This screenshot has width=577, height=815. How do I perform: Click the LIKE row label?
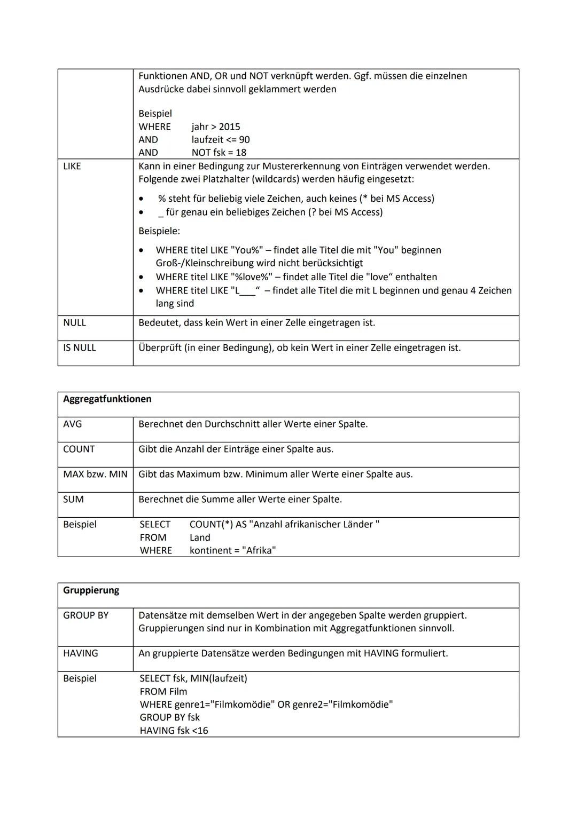[72, 167]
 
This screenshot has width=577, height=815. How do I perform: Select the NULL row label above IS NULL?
[74, 323]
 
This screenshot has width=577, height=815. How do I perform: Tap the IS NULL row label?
[80, 348]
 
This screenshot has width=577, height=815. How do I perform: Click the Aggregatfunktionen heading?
[107, 399]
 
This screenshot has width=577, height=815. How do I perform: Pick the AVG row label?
[73, 424]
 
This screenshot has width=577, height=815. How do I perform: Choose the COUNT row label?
[79, 449]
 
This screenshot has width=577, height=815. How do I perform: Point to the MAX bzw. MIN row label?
[95, 474]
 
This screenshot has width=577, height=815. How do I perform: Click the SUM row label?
[73, 500]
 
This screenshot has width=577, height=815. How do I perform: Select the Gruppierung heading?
[91, 590]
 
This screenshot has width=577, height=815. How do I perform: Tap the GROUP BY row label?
[85, 615]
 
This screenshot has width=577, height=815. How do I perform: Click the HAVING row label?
[81, 653]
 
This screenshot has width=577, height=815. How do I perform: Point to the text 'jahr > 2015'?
[216, 127]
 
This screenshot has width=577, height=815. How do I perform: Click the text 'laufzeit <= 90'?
[221, 140]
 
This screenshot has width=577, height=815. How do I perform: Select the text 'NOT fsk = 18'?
[219, 153]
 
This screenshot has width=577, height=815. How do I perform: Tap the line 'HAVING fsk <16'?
[174, 731]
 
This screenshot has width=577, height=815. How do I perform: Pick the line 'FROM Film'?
[163, 692]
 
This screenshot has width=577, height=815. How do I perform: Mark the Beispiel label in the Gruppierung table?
[80, 678]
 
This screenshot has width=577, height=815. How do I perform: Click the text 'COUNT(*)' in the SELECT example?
[211, 525]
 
